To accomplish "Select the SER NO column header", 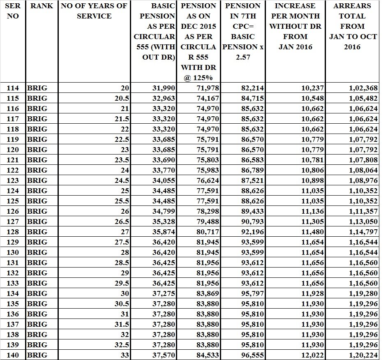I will coord(13,11).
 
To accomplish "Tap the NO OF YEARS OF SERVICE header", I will coord(94,11).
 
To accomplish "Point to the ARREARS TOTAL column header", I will coord(353,26).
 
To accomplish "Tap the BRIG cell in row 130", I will coord(37,252).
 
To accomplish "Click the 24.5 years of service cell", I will coord(122,180).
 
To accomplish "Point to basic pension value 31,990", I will coord(164,88).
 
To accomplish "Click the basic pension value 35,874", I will coord(164,232).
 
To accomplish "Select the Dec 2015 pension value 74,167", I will coord(208,98).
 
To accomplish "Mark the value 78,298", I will coord(208,211).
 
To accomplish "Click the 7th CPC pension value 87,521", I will coord(252,180).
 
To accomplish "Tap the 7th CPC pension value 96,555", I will coord(252,355).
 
